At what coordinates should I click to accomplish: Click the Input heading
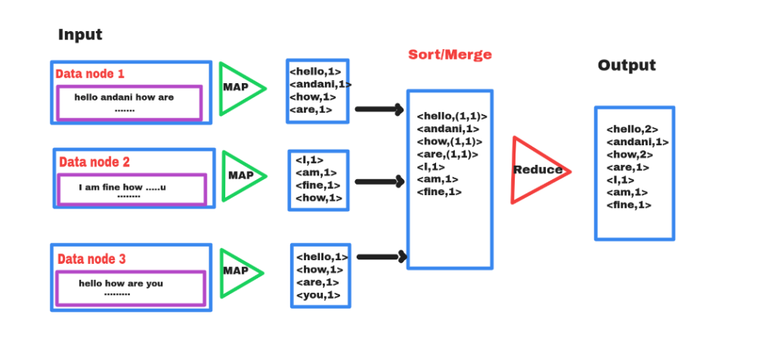[x=80, y=35]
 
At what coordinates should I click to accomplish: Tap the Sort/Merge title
[x=450, y=54]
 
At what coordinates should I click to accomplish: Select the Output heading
[x=627, y=65]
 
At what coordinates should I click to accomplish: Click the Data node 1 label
[x=90, y=74]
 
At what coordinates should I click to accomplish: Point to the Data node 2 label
[x=94, y=162]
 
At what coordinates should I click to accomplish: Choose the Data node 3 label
[x=91, y=259]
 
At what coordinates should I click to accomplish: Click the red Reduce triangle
[x=536, y=170]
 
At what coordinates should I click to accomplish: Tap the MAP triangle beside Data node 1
[x=239, y=88]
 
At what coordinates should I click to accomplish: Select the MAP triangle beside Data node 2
[x=240, y=175]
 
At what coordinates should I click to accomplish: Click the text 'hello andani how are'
[x=124, y=98]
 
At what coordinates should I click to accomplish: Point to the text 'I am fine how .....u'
[x=122, y=187]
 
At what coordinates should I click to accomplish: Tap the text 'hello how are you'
[x=121, y=284]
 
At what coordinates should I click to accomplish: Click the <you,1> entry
[x=318, y=295]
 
